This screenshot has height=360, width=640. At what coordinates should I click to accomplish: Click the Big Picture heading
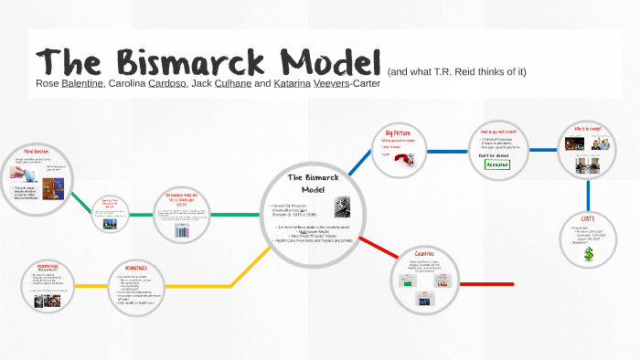click(397, 132)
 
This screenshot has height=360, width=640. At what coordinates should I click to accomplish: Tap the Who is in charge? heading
click(586, 129)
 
